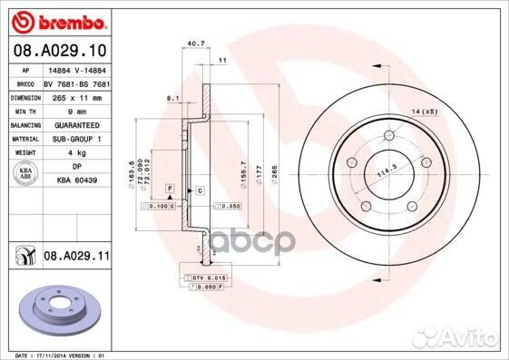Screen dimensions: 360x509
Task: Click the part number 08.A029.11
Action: tap(75, 258)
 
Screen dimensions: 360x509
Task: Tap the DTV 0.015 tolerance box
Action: tap(208, 277)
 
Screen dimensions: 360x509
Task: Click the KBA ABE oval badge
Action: tap(24, 175)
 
